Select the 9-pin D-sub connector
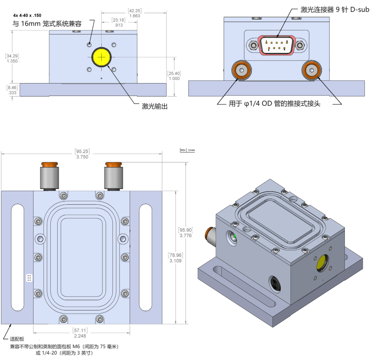(277, 45)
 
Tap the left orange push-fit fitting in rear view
(241, 70)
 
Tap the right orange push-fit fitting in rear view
(311, 70)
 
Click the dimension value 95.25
(82, 151)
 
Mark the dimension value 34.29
(12, 56)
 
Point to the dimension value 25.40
(174, 73)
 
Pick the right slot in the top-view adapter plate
(146, 257)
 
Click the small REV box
(183, 150)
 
